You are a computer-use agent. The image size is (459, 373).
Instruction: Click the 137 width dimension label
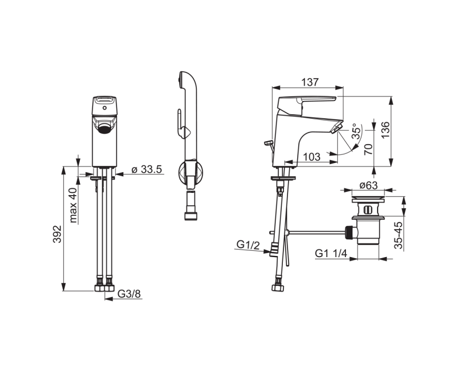click(310, 82)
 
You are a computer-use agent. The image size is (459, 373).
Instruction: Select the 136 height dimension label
click(386, 130)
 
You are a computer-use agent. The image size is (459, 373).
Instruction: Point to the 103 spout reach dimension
click(312, 157)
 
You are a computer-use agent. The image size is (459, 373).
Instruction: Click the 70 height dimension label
click(368, 149)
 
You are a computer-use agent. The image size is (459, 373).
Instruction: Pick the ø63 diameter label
click(368, 185)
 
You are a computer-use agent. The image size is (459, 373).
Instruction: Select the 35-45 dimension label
click(398, 235)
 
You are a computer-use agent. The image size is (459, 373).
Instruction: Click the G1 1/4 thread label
click(331, 253)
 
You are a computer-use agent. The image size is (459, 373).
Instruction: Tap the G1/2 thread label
click(248, 244)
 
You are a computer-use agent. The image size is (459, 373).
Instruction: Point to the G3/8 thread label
click(130, 293)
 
